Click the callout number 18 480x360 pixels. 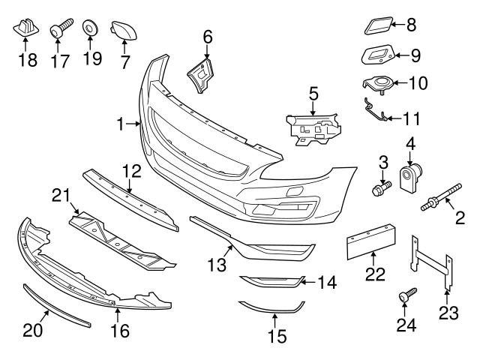point(26,58)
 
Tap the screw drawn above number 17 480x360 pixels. point(59,30)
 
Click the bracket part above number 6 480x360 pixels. point(200,76)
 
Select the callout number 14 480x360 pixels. point(326,283)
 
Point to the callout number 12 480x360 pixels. point(132,172)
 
